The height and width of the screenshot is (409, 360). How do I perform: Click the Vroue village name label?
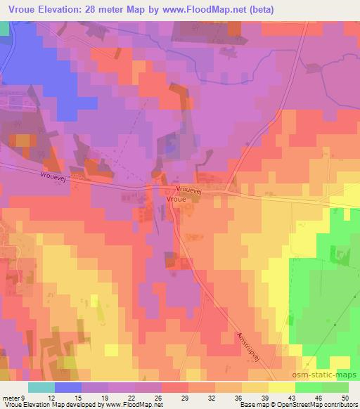click(175, 199)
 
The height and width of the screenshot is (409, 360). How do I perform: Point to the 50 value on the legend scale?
click(344, 398)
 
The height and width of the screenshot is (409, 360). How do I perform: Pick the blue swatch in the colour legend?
click(67, 387)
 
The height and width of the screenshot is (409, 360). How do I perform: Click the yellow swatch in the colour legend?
click(281, 387)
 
